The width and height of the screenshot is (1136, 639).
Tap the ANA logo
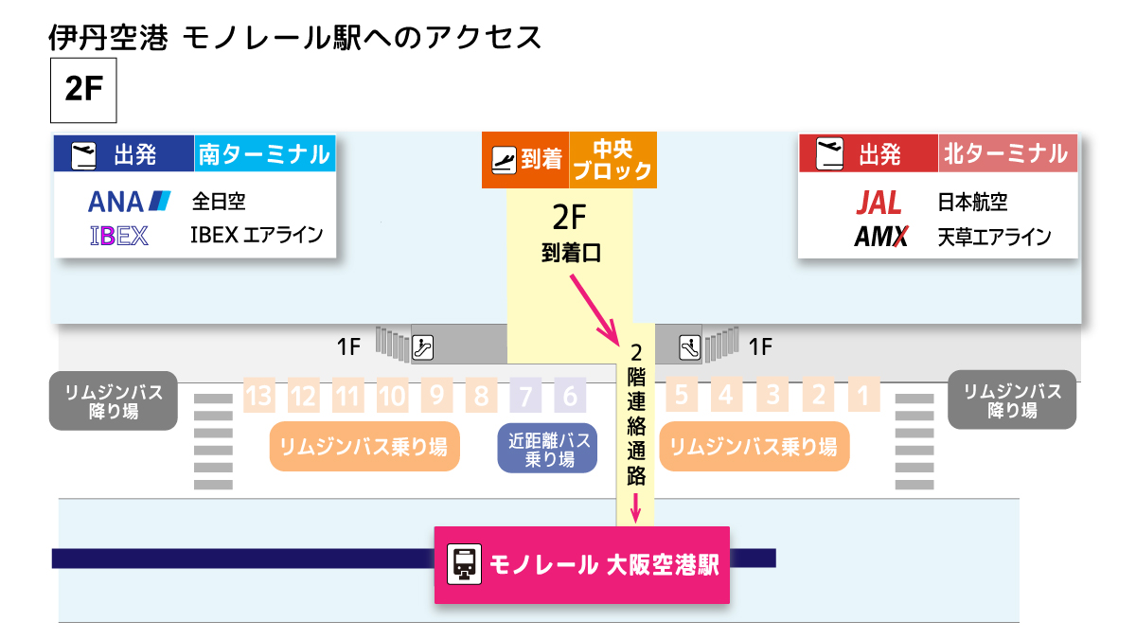pyautogui.click(x=129, y=202)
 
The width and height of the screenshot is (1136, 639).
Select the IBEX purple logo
pyautogui.click(x=119, y=235)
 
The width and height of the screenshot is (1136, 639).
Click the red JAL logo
pyautogui.click(x=879, y=203)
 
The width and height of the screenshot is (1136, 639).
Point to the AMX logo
pyautogui.click(x=880, y=237)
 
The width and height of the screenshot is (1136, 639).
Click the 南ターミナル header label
pyautogui.click(x=265, y=153)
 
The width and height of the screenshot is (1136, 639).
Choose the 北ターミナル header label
pyautogui.click(x=1005, y=153)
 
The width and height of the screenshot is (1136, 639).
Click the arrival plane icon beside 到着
pyautogui.click(x=504, y=160)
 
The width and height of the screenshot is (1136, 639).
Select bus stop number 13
pyautogui.click(x=258, y=394)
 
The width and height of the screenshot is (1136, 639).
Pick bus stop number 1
pyautogui.click(x=862, y=394)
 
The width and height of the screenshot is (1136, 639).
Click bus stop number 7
pyautogui.click(x=525, y=394)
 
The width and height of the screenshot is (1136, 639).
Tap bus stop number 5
pyautogui.click(x=682, y=394)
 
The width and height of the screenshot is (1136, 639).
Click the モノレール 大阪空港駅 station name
pyautogui.click(x=604, y=565)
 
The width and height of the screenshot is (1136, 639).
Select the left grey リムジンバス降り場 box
pyautogui.click(x=114, y=400)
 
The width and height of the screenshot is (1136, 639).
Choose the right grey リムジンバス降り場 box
pyautogui.click(x=1012, y=400)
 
